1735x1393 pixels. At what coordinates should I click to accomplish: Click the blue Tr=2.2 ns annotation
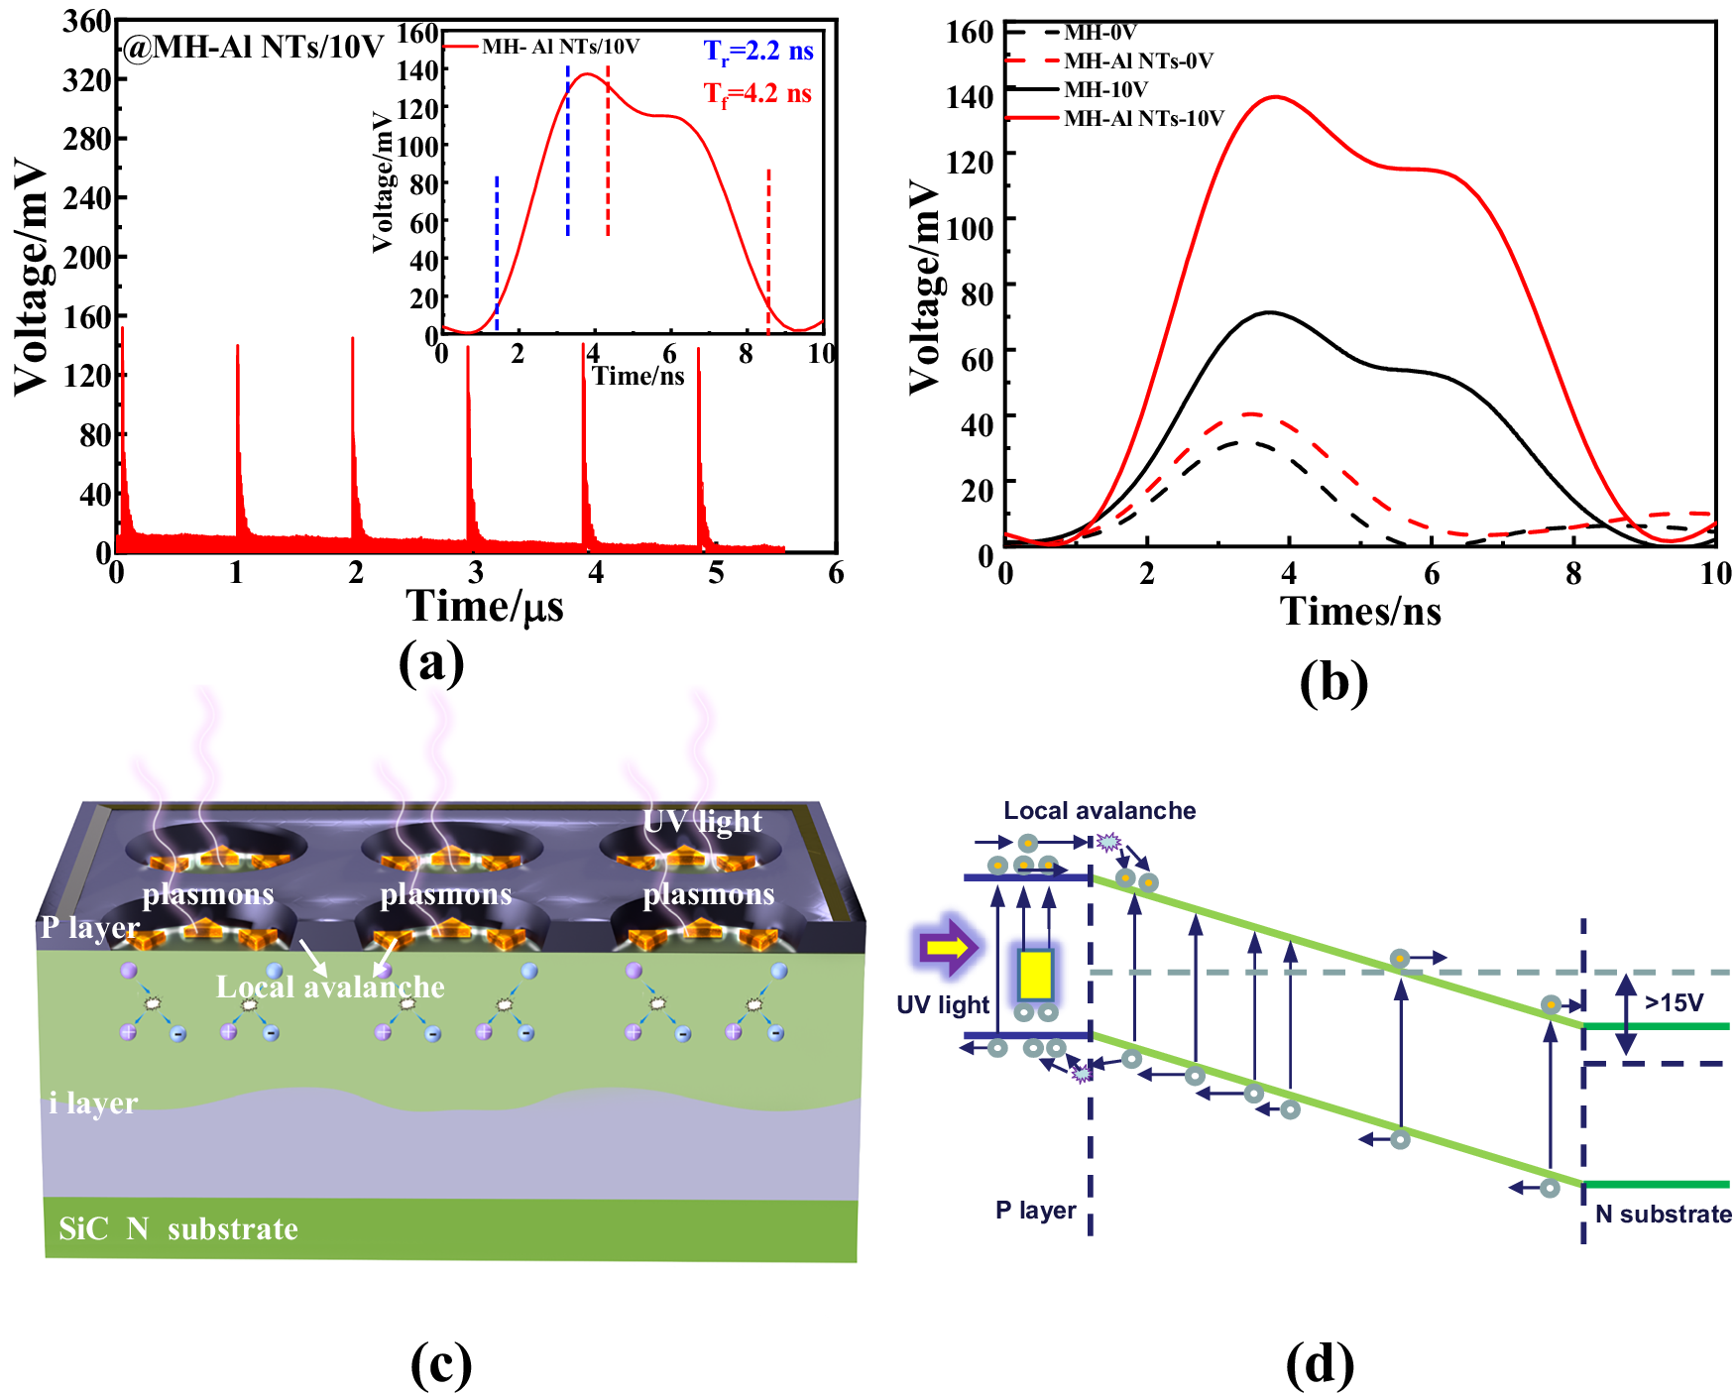tap(758, 51)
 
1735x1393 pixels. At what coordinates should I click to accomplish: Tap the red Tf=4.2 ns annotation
tap(758, 94)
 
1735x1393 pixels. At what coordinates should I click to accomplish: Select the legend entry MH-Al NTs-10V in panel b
tap(1144, 118)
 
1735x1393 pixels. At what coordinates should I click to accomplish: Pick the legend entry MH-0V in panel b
tap(1099, 33)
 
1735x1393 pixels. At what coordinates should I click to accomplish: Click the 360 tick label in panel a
tap(87, 21)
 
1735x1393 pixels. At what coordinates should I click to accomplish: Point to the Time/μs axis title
tap(485, 606)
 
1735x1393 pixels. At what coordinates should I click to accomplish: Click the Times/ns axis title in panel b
tap(1360, 611)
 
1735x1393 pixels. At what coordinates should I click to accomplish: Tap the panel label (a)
tap(431, 662)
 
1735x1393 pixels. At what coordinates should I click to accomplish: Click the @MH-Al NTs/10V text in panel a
tap(253, 47)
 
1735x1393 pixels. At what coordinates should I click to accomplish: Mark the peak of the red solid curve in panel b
tap(1275, 97)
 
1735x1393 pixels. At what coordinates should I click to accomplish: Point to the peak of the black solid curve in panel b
tap(1269, 312)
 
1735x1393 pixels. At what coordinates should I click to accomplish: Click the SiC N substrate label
tap(178, 1229)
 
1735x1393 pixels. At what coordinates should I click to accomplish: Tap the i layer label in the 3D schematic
tap(93, 1103)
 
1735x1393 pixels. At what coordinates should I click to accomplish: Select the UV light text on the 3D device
tap(703, 822)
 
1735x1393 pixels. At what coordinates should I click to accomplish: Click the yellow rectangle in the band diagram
tap(1035, 975)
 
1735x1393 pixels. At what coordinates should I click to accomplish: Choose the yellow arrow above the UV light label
tap(948, 947)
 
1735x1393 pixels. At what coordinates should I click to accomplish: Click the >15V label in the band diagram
tap(1675, 1002)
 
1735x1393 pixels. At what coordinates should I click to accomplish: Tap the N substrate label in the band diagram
tap(1664, 1214)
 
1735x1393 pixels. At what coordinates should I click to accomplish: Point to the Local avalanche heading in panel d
tap(1099, 810)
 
